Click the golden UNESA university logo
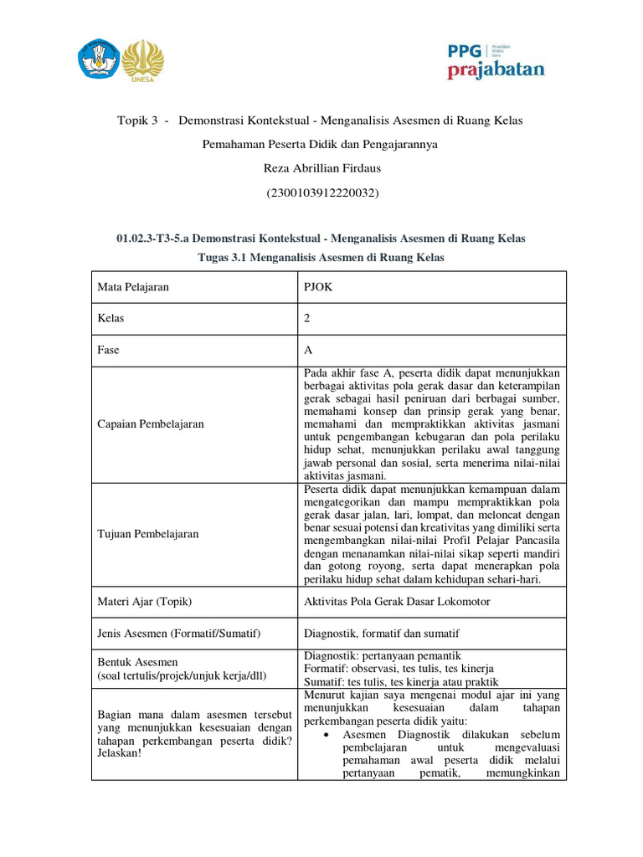point(143,59)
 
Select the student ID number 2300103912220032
point(321,193)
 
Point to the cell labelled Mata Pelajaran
point(133,287)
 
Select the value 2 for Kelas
point(306,319)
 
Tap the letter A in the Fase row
point(306,351)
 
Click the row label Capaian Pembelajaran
point(151,424)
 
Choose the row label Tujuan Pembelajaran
point(148,534)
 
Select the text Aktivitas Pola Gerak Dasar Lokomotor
point(396,602)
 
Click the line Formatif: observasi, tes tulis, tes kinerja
point(398,669)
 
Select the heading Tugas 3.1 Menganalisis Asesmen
point(321,258)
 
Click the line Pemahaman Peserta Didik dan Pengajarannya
point(321,145)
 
